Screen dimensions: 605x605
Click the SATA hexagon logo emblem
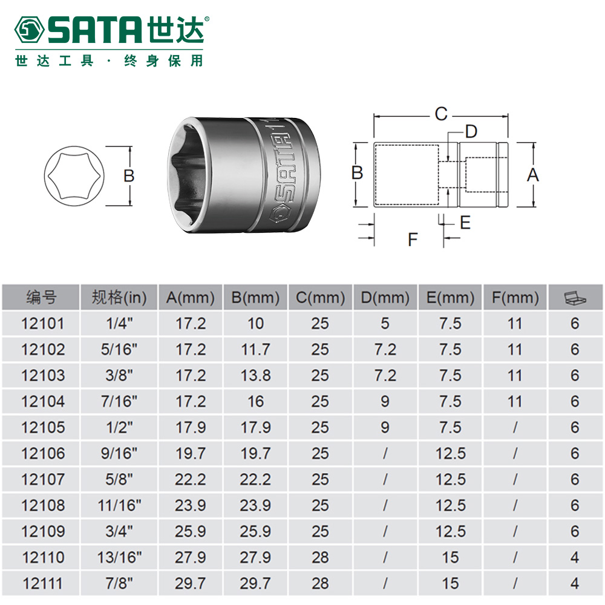(x=29, y=30)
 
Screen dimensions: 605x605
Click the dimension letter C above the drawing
(x=441, y=114)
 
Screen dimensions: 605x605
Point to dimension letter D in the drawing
(x=471, y=131)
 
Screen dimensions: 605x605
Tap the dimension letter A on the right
(x=533, y=175)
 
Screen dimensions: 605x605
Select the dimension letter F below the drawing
(x=413, y=240)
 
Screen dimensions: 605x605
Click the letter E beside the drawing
(x=465, y=223)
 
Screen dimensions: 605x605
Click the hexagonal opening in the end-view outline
(x=74, y=176)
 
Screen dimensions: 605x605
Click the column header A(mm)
(x=190, y=298)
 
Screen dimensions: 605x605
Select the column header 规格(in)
(x=119, y=298)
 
